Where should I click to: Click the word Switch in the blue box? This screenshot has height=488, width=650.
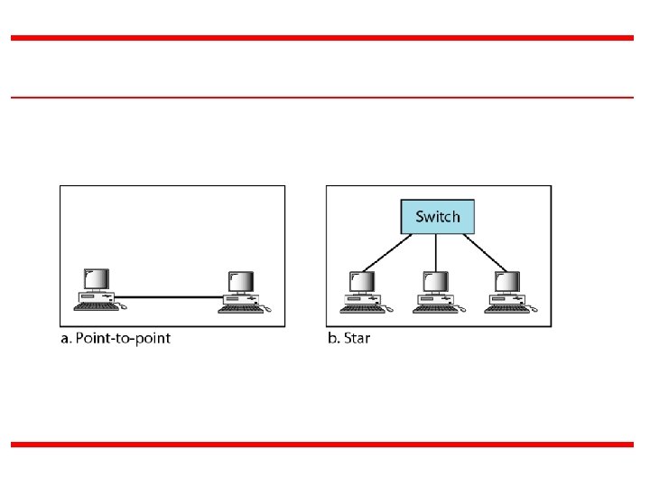point(437,217)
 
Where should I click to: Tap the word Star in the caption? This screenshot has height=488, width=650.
point(357,339)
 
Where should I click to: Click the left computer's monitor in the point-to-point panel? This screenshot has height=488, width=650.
point(95,279)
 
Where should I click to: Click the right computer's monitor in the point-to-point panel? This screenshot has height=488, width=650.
point(240,283)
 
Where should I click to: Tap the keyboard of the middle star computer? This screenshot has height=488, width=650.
point(432,309)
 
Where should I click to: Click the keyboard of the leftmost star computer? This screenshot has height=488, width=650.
point(361,309)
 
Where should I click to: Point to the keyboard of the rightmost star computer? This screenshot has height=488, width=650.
point(504,309)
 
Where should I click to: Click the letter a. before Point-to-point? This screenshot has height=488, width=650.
point(65,339)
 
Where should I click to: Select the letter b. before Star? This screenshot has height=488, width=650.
point(332,339)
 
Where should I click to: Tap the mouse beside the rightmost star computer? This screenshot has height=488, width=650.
point(533,310)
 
